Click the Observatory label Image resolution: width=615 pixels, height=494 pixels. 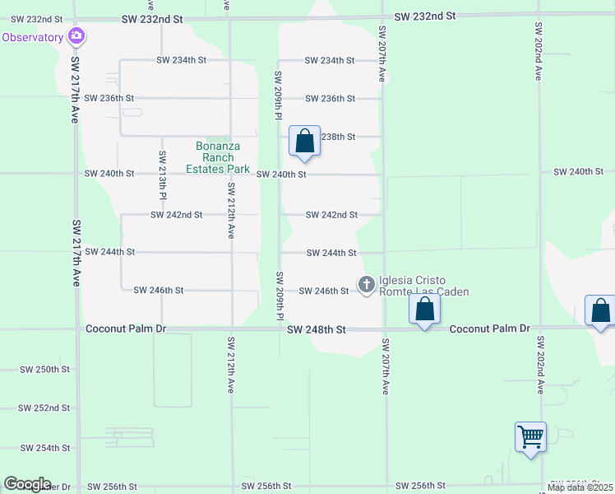[x=33, y=37]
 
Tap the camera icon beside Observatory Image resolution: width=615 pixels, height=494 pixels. [x=77, y=35]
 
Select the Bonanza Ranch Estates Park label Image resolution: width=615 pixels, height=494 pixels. [x=217, y=157]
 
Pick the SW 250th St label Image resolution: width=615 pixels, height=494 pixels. [x=45, y=369]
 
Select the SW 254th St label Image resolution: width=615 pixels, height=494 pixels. [x=45, y=448]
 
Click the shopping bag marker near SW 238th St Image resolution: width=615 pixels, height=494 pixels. [x=305, y=141]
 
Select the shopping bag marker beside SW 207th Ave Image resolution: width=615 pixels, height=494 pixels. [x=425, y=310]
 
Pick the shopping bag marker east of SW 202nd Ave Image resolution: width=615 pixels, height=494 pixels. [x=600, y=311]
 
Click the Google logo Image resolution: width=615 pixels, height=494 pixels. [x=27, y=484]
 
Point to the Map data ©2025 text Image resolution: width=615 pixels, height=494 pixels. [x=580, y=487]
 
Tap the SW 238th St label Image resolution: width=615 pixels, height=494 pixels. [x=337, y=137]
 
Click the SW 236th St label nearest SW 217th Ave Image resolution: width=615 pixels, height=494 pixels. [x=110, y=98]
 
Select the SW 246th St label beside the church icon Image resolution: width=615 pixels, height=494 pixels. [x=323, y=291]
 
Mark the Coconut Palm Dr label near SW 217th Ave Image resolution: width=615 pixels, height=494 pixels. [x=126, y=329]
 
